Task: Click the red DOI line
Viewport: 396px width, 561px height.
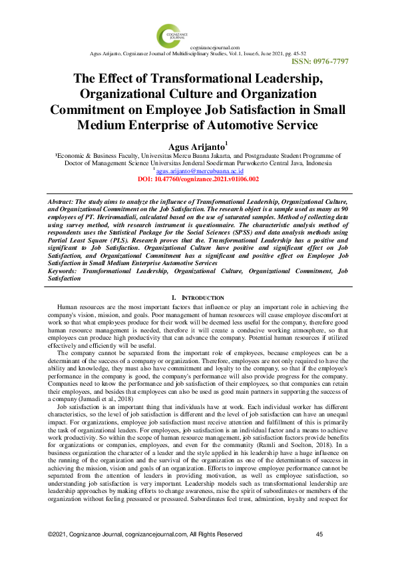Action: coord(198,179)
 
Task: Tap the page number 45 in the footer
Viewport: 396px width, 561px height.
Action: coord(319,535)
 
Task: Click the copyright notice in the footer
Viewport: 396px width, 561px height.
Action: coord(144,535)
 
